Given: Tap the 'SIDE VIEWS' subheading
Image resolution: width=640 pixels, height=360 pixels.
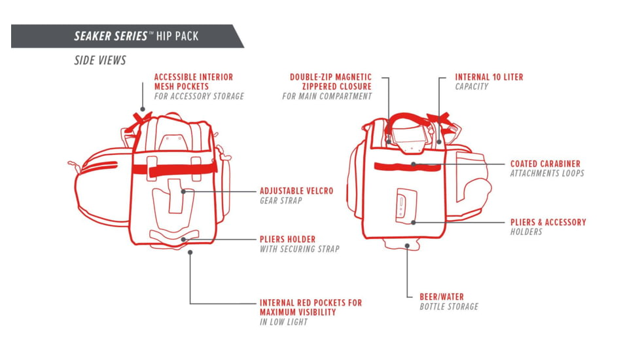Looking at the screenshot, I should pos(99,61).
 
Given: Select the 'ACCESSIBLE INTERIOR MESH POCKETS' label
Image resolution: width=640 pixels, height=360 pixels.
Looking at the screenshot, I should pos(193,82).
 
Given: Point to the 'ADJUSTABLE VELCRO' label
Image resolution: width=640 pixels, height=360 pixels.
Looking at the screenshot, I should pos(296,191).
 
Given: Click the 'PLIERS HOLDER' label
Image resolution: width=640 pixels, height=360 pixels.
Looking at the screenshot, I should pos(287,240).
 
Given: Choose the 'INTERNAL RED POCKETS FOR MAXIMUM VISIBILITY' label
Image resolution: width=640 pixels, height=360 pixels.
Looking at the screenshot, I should pos(310,308).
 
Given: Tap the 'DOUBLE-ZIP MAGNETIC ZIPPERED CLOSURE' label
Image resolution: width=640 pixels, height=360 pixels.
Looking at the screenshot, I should pos(330,82).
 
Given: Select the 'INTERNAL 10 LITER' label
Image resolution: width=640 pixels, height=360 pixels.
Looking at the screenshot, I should pos(489,77).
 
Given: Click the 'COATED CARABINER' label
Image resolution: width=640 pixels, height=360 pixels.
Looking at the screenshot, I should pos(545,164).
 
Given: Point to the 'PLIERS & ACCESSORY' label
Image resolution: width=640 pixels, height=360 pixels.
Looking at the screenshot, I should pos(548,223).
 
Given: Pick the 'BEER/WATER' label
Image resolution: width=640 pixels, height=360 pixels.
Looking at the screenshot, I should pos(442,297).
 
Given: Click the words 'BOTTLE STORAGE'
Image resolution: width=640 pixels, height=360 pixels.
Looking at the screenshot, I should pos(449,306).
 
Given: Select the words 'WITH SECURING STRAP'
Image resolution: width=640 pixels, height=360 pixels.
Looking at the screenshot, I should pos(300,249).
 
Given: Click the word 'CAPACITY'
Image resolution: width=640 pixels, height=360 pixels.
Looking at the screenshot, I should pos(472,86).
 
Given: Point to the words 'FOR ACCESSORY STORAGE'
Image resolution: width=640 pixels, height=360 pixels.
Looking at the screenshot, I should pos(199,96).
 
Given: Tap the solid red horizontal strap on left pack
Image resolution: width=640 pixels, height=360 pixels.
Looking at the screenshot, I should pos(174,169).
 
